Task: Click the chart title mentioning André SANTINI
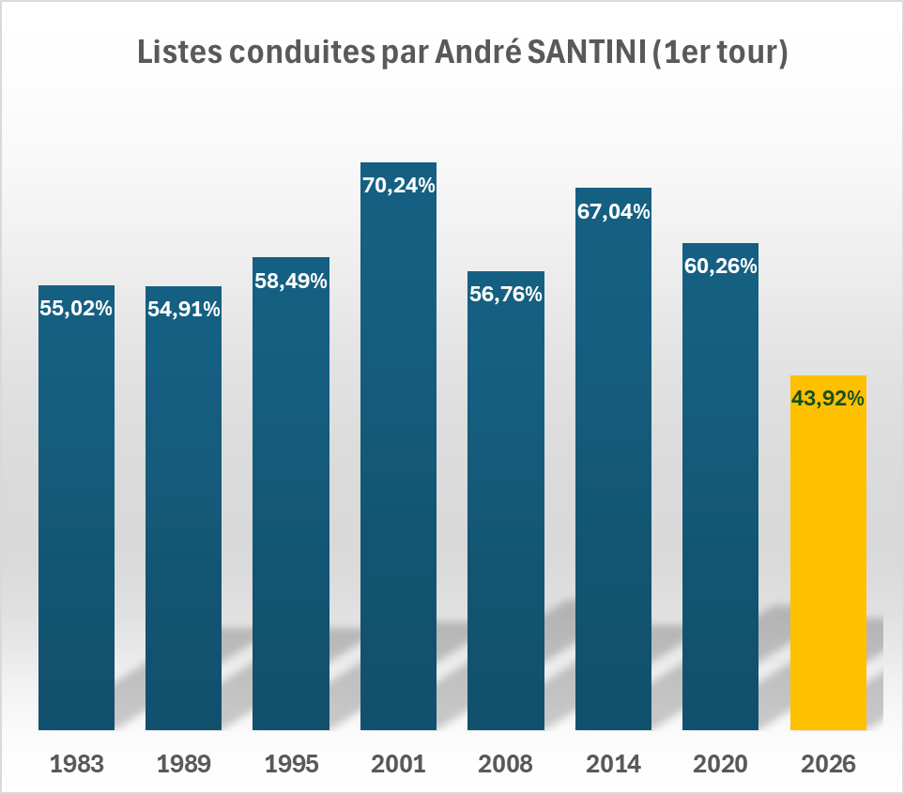click(462, 53)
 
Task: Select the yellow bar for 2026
click(828, 563)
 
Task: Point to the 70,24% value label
click(398, 186)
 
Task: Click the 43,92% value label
click(828, 399)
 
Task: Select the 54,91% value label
click(183, 309)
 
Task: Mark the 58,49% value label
click(291, 281)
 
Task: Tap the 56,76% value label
click(506, 295)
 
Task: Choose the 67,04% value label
click(613, 211)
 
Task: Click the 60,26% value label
click(720, 267)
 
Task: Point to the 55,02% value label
click(76, 308)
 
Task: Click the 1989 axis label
click(183, 764)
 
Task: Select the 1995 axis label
click(291, 764)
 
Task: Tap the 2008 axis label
click(506, 764)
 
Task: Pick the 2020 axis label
click(720, 764)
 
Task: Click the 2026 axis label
click(828, 764)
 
